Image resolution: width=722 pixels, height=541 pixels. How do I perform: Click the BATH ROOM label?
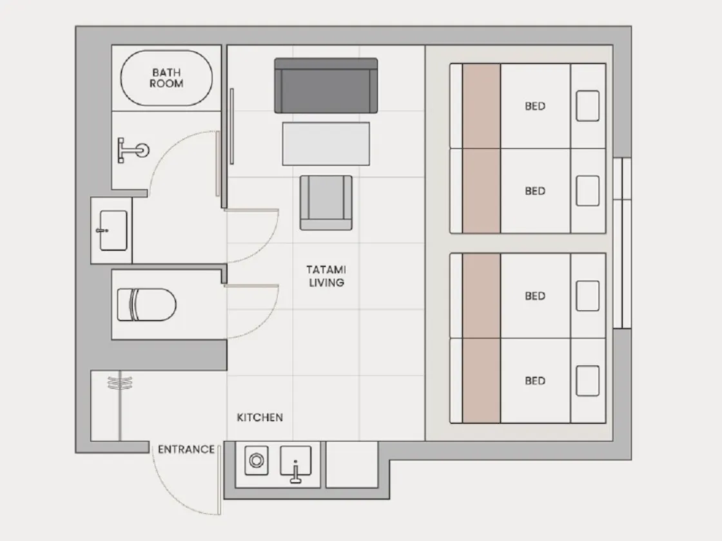pos(166,78)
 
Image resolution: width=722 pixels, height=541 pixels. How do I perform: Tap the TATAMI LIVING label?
pos(326,276)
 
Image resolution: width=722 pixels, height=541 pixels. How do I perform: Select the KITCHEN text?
pos(260,417)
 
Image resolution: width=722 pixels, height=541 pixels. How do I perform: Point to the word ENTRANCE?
pos(186,449)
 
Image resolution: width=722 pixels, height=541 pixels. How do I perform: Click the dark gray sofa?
pos(326,86)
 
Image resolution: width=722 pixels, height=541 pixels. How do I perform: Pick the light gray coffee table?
pos(326,144)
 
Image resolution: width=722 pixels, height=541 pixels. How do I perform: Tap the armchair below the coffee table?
pos(326,202)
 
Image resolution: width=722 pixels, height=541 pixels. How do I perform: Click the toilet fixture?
pos(146,305)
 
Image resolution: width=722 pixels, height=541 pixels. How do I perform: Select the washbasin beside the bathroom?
pos(113,231)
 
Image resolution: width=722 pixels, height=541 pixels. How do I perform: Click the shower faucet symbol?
pos(133,150)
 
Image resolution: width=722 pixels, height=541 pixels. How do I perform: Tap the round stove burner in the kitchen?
pos(257,460)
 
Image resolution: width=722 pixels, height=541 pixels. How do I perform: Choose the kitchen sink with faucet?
pos(296,463)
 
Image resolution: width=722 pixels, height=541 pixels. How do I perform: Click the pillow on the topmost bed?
pos(587,106)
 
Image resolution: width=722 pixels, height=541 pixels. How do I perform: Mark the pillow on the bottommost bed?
pos(587,381)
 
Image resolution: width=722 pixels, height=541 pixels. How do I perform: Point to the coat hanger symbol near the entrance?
pos(120,383)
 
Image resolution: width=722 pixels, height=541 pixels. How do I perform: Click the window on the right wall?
pos(622,243)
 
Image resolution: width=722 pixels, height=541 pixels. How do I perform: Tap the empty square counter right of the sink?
pos(352,464)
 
